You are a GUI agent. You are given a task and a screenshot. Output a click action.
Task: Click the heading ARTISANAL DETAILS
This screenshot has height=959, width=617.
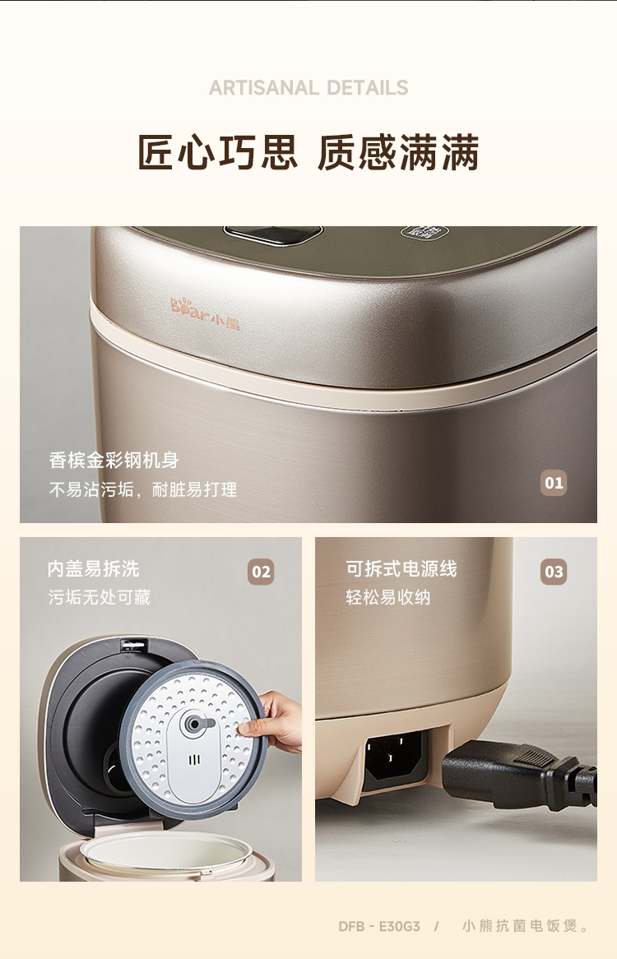tap(308, 88)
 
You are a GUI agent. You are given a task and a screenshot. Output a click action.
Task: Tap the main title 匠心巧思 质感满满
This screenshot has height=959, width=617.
tap(308, 152)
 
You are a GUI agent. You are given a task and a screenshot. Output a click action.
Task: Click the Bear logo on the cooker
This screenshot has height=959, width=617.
tap(205, 313)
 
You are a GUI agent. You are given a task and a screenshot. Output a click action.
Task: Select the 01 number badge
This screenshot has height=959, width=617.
tap(554, 483)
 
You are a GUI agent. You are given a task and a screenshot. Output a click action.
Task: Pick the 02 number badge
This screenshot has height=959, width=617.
tap(261, 572)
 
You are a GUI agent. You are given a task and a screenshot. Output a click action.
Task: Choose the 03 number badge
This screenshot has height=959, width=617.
tap(554, 572)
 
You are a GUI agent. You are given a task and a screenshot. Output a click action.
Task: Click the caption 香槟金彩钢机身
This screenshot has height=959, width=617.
tap(114, 460)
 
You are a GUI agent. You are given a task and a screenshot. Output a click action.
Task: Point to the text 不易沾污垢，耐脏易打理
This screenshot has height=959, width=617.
tap(143, 489)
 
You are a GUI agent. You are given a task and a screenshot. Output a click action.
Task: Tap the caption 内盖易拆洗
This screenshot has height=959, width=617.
tap(94, 569)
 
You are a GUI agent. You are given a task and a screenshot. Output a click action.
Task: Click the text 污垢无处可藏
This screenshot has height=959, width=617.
tap(99, 597)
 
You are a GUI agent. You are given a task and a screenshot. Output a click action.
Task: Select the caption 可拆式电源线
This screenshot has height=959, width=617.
tap(401, 569)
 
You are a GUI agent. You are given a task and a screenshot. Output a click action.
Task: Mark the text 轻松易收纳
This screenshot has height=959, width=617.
tap(388, 597)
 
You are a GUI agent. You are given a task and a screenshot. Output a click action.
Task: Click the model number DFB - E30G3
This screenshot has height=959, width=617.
tap(379, 926)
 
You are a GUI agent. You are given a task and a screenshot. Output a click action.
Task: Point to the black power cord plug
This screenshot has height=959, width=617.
tap(518, 771)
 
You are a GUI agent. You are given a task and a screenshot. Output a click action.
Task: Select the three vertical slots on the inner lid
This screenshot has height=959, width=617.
tap(194, 760)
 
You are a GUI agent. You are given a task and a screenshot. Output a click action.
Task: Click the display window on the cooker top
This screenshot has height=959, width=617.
tap(273, 234)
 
